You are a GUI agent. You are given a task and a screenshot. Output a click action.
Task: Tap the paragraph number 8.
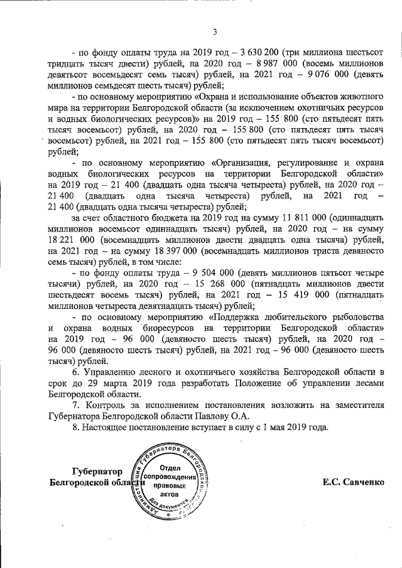77,427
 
